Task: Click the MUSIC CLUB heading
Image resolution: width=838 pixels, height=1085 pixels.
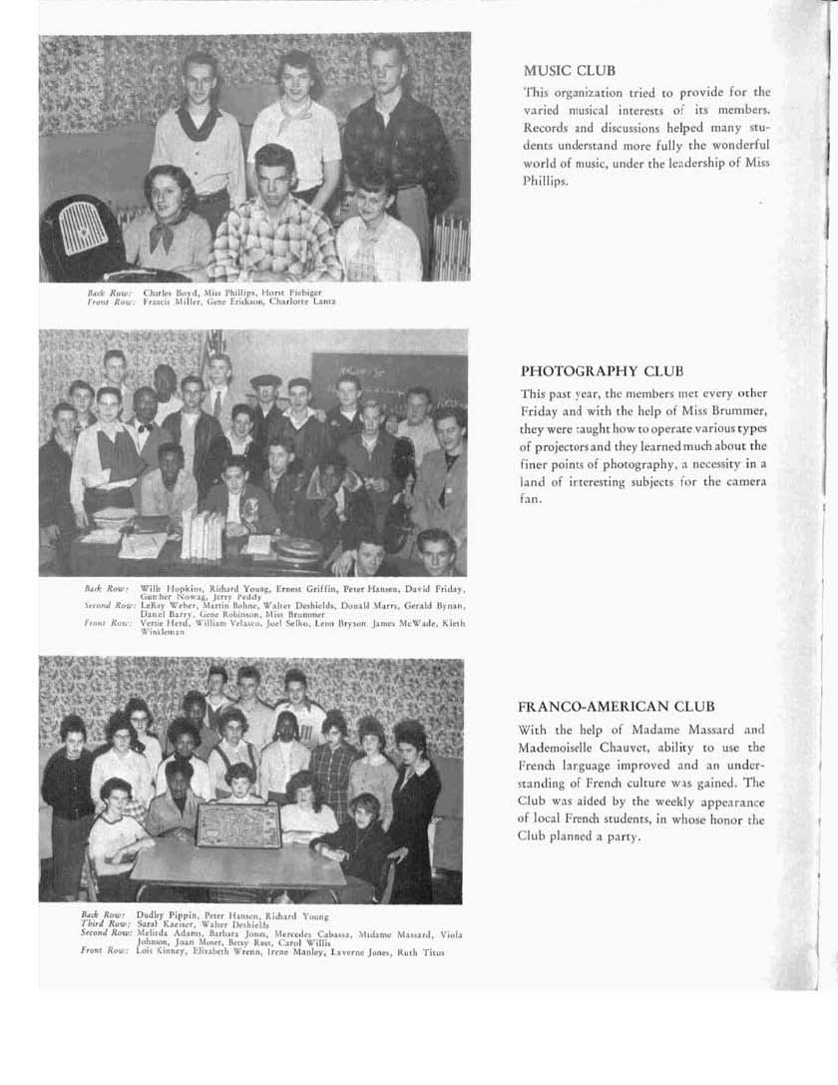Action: (569, 71)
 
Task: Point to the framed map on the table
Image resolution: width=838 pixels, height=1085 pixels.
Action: (237, 825)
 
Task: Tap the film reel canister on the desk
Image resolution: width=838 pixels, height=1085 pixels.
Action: (288, 548)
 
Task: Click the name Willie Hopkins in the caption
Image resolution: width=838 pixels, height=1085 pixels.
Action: (168, 591)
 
